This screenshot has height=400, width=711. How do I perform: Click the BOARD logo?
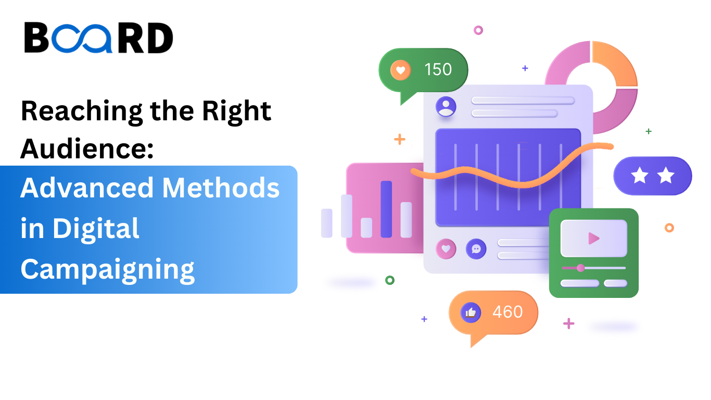coord(98,38)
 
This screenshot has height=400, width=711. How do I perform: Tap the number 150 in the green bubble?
coord(438,69)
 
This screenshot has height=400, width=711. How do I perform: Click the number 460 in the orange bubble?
coord(507,311)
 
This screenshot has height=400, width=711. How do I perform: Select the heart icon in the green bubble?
coord(400,70)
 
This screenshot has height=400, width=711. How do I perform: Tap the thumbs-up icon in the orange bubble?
coord(471,312)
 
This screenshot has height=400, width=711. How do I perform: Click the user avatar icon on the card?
coord(446,106)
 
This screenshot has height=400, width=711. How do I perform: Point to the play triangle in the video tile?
coord(593,239)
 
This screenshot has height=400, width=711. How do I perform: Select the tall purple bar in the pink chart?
coord(386,209)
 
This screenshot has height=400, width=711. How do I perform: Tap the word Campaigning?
coord(107,269)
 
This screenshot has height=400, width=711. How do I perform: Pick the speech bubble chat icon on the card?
coord(476,249)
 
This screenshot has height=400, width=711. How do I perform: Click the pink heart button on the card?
coord(446,249)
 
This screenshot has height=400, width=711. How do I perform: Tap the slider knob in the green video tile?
coord(580,268)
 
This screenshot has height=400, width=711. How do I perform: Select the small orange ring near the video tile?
coord(669,228)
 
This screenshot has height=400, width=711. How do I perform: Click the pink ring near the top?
coord(478,30)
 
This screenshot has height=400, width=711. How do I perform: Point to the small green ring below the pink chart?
coord(390,280)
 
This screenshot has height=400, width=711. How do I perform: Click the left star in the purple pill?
coord(639,176)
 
